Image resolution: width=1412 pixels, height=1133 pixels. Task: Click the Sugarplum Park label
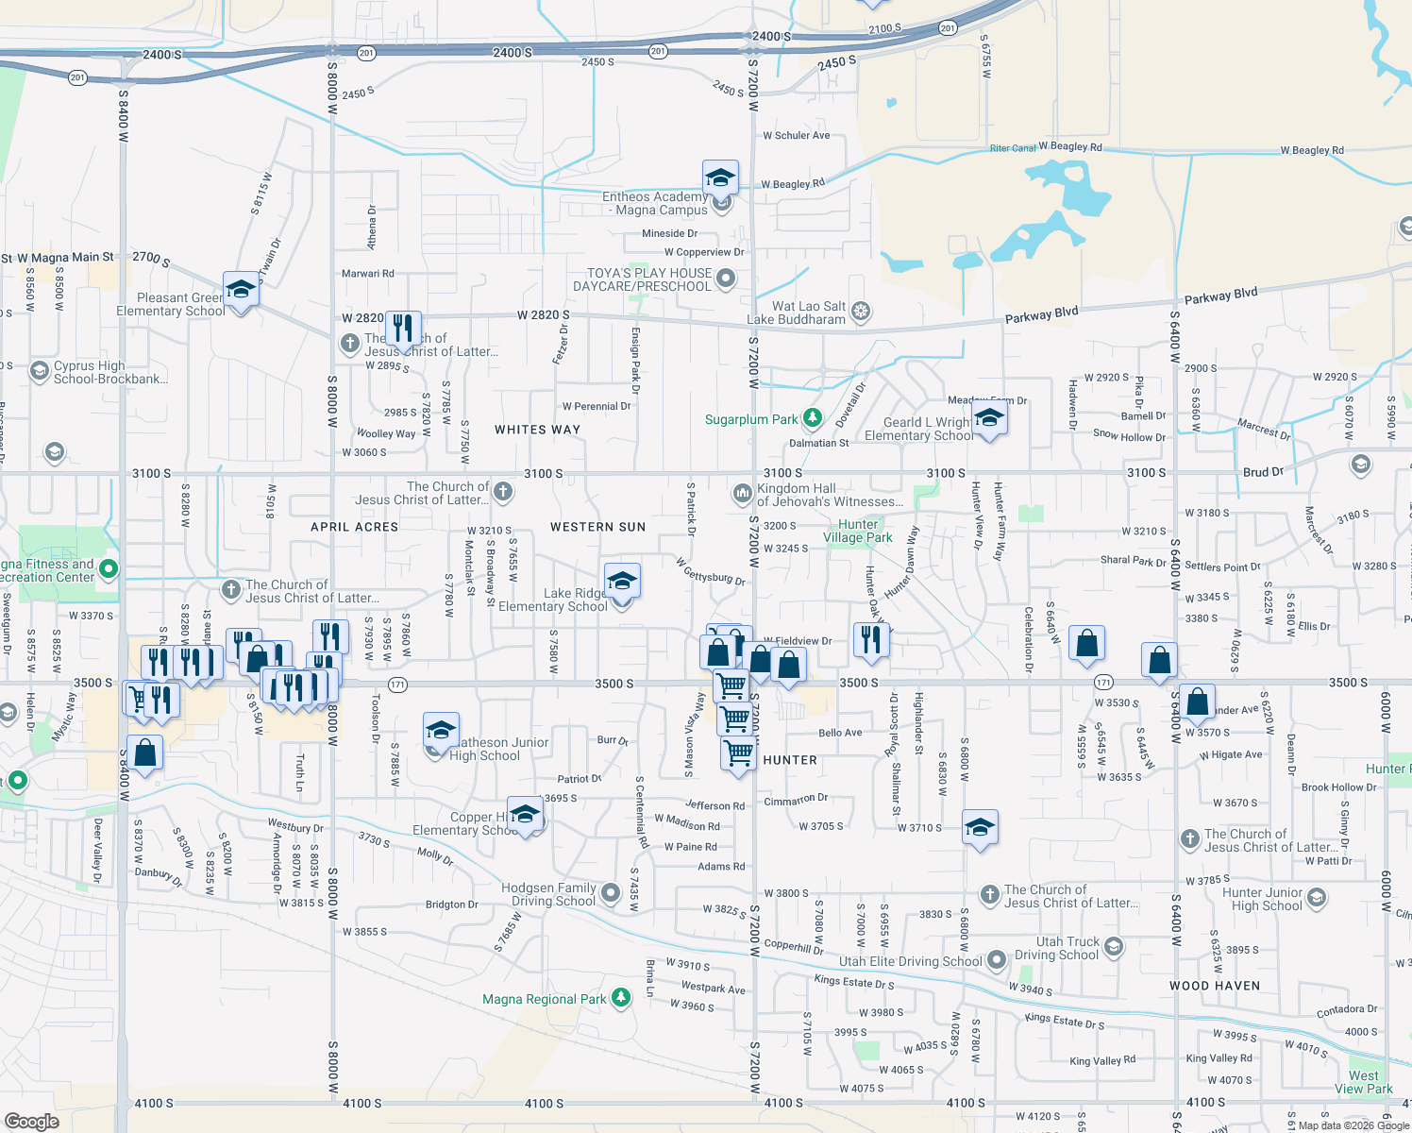(x=751, y=419)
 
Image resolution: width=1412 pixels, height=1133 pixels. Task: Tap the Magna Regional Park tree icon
(x=620, y=998)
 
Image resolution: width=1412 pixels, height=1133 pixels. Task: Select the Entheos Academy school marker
(x=720, y=178)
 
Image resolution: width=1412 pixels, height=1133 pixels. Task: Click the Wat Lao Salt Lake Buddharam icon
(x=860, y=311)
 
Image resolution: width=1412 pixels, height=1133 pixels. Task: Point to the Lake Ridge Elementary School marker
(x=622, y=582)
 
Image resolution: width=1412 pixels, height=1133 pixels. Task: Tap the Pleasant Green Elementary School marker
(x=241, y=290)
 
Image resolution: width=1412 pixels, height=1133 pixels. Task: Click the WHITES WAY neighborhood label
(x=537, y=430)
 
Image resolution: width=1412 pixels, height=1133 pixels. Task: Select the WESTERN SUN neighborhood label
(x=597, y=527)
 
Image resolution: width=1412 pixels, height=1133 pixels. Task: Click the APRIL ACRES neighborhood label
(x=354, y=527)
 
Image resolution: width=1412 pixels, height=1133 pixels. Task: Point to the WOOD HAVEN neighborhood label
(x=1214, y=986)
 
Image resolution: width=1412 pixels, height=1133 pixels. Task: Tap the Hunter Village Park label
(x=857, y=531)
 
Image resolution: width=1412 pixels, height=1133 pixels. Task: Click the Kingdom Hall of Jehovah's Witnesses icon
(x=741, y=493)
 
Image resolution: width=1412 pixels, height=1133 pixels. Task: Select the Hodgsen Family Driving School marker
(x=611, y=892)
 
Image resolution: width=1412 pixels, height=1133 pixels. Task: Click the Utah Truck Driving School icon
(x=1114, y=947)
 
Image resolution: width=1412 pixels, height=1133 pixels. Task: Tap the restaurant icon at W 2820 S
(x=403, y=329)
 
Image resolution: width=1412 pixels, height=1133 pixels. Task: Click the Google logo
(x=31, y=1121)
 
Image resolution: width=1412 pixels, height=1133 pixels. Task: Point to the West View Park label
(x=1363, y=1082)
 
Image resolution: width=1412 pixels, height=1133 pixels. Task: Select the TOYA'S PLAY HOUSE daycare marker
(x=725, y=278)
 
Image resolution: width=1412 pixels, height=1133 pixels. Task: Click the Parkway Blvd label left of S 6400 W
(x=1041, y=314)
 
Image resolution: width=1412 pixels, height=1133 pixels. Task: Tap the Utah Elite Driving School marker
(x=997, y=961)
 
